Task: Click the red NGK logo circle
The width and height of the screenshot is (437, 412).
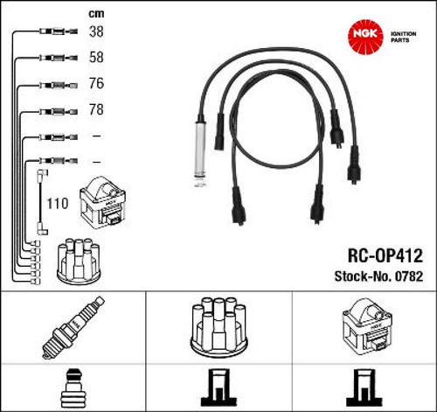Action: [x=365, y=37]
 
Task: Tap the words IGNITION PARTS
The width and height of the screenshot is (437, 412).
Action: [x=403, y=37]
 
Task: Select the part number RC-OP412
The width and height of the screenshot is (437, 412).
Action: [x=385, y=255]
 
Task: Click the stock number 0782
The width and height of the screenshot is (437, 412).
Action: [x=408, y=276]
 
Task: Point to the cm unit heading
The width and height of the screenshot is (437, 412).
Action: [x=96, y=13]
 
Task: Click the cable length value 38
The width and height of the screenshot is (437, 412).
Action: [x=96, y=31]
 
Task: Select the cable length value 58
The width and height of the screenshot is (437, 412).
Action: [x=96, y=57]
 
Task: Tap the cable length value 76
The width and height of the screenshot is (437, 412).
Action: [x=96, y=83]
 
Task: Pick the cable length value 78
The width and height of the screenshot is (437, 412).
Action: [x=96, y=109]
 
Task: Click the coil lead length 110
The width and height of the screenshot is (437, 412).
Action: [x=58, y=204]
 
